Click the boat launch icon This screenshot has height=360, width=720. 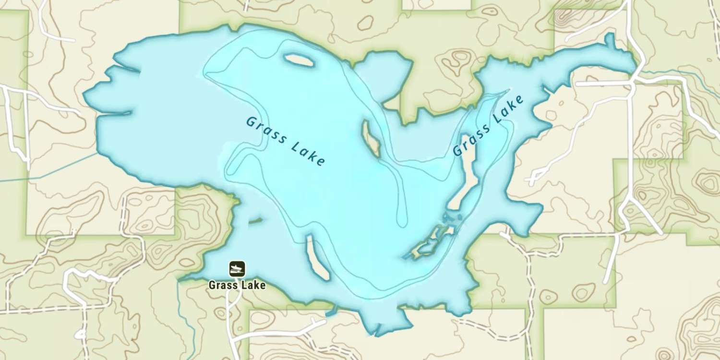237,269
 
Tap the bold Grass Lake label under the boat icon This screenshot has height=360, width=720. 237,285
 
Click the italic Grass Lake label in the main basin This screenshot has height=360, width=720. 285,141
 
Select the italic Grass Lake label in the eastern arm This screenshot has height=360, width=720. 488,126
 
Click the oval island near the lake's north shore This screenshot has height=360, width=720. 299,60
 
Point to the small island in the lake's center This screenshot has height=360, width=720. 371,139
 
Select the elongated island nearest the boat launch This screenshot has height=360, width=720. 317,257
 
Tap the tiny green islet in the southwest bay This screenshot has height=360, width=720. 255,221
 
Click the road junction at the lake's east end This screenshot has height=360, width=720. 633,82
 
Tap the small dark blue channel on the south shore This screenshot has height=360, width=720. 331,313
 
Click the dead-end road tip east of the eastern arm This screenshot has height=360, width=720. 531,181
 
